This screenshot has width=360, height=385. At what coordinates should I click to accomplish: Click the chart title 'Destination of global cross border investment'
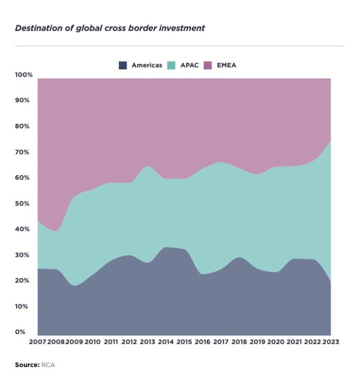[x=110, y=28]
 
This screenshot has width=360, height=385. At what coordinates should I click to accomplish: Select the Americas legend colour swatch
[x=123, y=65]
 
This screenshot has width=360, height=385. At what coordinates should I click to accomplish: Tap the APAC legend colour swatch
[x=172, y=65]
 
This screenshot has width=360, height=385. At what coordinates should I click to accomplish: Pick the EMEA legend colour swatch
[x=208, y=65]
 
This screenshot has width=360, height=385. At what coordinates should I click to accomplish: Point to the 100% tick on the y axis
[x=24, y=75]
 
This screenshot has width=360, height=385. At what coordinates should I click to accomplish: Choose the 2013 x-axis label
[x=147, y=342]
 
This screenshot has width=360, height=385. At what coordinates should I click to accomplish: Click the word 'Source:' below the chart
[x=27, y=365]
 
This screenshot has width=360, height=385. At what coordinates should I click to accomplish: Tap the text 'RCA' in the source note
[x=48, y=365]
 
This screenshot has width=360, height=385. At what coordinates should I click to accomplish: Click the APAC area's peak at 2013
[x=148, y=166]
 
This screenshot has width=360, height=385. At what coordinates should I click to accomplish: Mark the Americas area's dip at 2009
[x=75, y=285]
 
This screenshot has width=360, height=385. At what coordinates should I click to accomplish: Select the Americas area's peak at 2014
[x=166, y=248]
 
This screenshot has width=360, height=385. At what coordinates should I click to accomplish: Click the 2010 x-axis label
[x=93, y=342]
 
